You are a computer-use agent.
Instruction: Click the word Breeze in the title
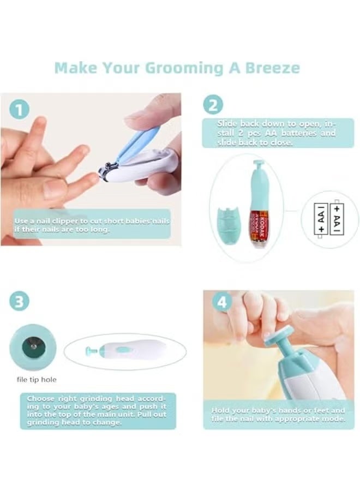[x=273, y=68]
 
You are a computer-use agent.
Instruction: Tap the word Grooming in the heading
[x=184, y=69]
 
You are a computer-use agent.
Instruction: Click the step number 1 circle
[x=20, y=110]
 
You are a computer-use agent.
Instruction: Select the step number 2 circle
[x=213, y=105]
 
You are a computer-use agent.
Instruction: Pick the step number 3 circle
[x=20, y=301]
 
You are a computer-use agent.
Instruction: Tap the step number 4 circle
[x=222, y=302]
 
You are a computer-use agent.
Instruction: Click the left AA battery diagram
[x=321, y=219]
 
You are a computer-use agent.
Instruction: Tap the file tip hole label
[x=37, y=380]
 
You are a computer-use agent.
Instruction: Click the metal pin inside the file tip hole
[x=33, y=346]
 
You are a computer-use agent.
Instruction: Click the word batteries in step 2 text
[x=298, y=133]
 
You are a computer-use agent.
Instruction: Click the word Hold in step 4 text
[x=219, y=410]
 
